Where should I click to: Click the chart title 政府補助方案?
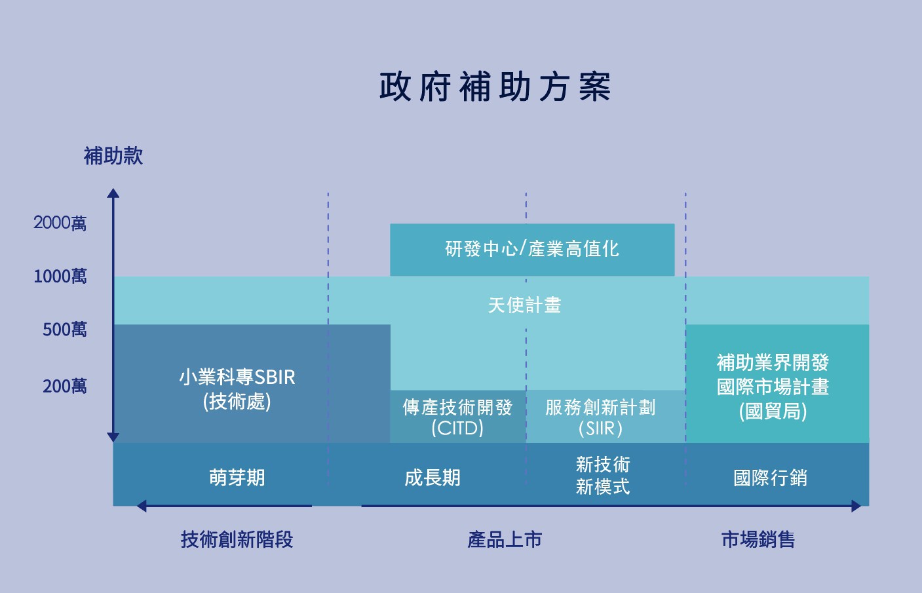(495, 87)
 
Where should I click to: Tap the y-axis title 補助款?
(113, 156)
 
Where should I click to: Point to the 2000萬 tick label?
(60, 223)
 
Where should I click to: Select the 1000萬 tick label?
(60, 276)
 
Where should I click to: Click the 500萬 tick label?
(65, 329)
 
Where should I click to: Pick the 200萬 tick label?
(65, 386)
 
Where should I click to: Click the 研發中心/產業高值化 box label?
(532, 249)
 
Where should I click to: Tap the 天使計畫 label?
(524, 305)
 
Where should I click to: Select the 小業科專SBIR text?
(237, 377)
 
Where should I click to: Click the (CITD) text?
(457, 428)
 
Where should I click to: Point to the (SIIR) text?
(600, 429)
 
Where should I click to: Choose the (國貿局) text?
(773, 411)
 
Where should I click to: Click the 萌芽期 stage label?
(237, 478)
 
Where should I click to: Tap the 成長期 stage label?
(432, 478)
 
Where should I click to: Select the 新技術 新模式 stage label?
(603, 476)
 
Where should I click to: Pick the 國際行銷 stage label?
(770, 478)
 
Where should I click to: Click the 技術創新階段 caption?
(237, 539)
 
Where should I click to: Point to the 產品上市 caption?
(505, 539)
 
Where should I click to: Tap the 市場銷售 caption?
(758, 539)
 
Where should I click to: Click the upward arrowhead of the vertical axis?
(113, 193)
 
